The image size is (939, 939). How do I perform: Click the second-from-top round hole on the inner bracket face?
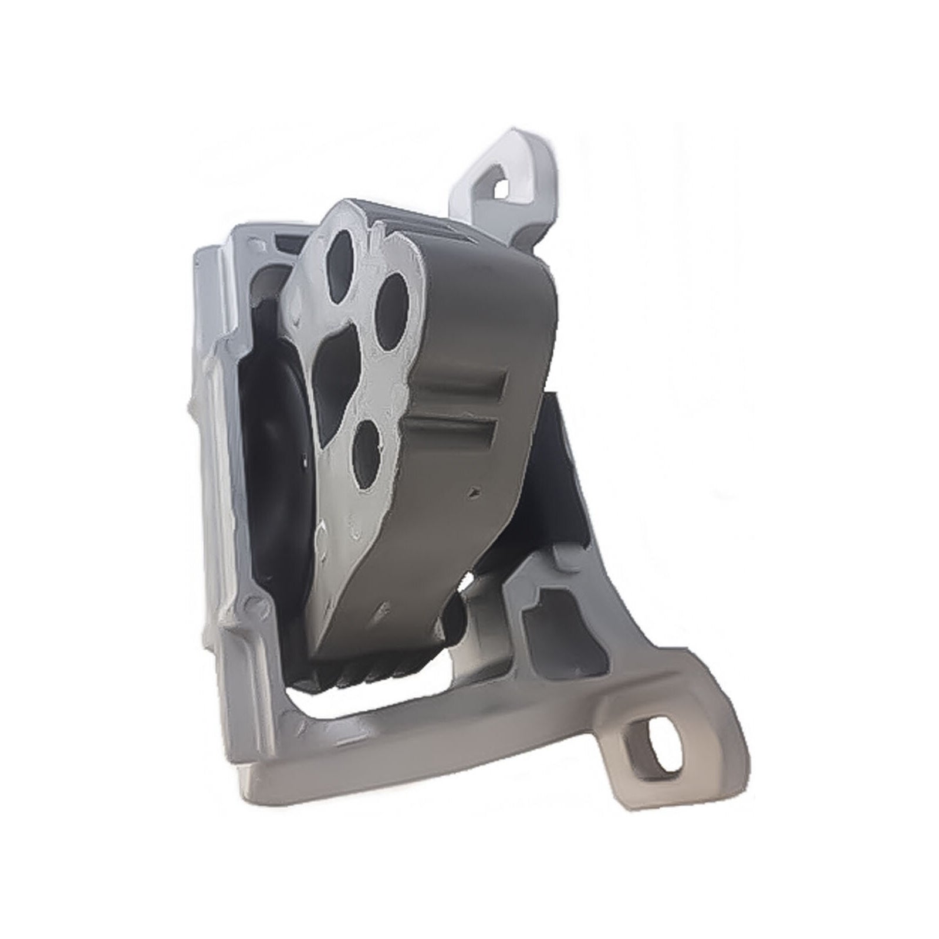[392, 310]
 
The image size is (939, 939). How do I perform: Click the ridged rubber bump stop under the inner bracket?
[364, 675]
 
